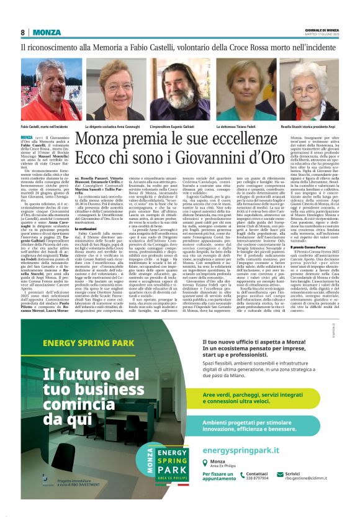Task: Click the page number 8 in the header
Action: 23,32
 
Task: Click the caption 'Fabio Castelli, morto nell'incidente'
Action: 44,126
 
